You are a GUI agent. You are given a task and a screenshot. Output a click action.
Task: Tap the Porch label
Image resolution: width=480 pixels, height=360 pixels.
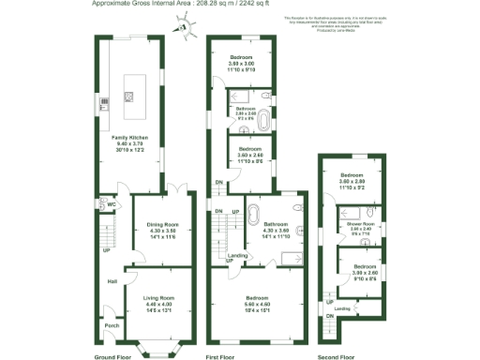click(x=111, y=325)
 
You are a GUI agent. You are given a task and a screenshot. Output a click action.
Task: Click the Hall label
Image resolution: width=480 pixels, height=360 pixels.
click(x=111, y=281)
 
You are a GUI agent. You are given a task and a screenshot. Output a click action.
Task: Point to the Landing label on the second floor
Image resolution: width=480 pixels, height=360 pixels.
click(x=343, y=307)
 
